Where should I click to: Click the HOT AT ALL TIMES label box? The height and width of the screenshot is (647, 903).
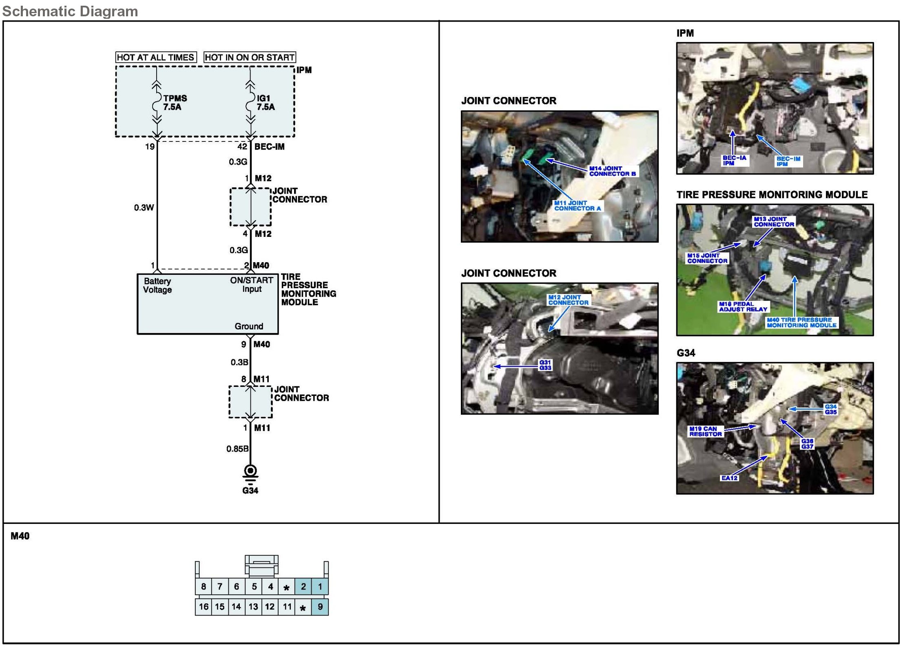[x=156, y=57]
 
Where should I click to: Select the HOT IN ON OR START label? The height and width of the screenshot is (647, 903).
[x=250, y=57]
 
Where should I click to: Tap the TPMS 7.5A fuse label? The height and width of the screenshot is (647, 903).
[x=175, y=103]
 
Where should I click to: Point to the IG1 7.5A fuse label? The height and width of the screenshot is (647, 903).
[x=266, y=103]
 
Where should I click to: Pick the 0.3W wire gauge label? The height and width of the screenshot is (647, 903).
[x=144, y=208]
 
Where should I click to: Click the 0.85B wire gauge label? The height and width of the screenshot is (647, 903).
[x=237, y=449]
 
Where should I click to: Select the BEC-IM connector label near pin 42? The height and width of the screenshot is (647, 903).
[x=269, y=147]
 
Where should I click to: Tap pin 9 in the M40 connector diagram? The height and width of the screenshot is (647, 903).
[x=320, y=607]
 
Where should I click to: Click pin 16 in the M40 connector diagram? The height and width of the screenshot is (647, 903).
[x=204, y=607]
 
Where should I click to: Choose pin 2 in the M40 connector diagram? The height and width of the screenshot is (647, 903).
[x=303, y=587]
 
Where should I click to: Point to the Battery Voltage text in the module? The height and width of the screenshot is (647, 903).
[x=157, y=285]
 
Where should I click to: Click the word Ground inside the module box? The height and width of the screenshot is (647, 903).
[x=249, y=326]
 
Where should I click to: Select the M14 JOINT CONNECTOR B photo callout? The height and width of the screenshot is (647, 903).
[x=612, y=171]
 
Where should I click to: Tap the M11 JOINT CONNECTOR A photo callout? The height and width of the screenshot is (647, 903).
[x=577, y=205]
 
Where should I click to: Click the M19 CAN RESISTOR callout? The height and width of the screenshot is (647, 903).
[x=705, y=431]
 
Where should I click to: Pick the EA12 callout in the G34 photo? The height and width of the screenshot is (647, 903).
[x=729, y=478]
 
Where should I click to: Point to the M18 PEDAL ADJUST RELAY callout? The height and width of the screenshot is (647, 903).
[x=743, y=307]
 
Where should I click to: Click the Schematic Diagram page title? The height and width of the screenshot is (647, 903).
[x=70, y=11]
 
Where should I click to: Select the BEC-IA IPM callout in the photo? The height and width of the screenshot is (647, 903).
[x=734, y=161]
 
